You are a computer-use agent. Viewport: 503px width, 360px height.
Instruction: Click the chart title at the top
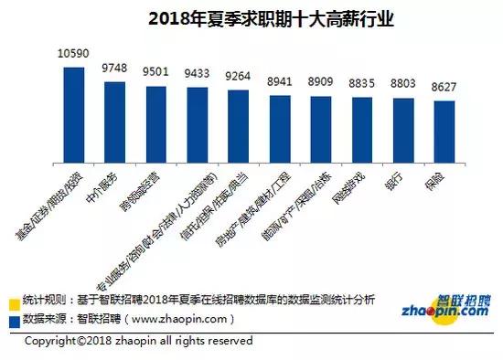click(252, 18)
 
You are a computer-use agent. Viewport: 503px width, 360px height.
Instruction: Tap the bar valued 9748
click(115, 119)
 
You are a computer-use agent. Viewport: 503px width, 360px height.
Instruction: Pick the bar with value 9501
click(156, 122)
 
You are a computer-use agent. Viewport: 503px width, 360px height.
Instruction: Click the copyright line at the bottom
click(137, 342)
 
